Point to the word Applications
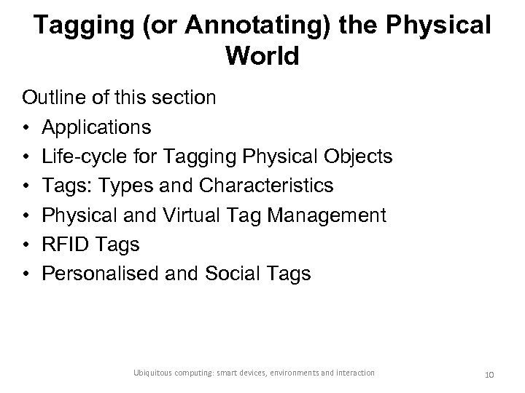pyautogui.click(x=97, y=127)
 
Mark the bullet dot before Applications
pyautogui.click(x=26, y=127)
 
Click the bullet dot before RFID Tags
pyautogui.click(x=26, y=245)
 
